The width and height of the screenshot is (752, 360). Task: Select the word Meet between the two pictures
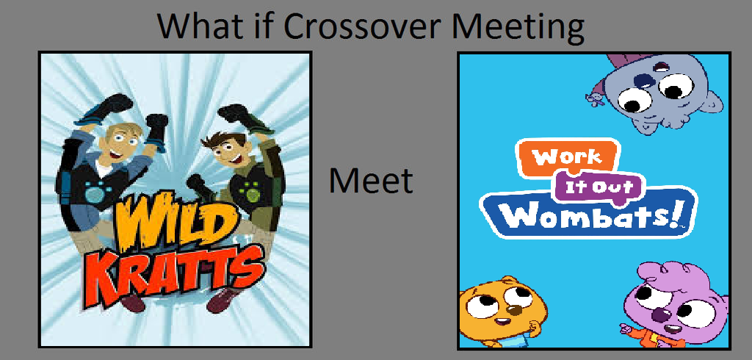(x=371, y=181)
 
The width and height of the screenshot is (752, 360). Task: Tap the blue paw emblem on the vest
(x=96, y=191)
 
